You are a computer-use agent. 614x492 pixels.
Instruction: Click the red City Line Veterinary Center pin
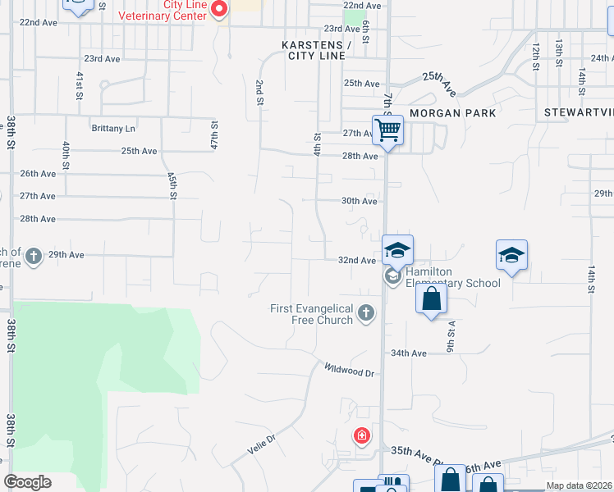click(x=219, y=9)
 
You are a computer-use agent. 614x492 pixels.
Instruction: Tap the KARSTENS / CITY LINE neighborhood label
click(x=316, y=50)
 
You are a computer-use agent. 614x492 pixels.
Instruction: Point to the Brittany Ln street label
click(x=112, y=129)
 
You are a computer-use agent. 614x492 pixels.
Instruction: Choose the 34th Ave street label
click(x=409, y=353)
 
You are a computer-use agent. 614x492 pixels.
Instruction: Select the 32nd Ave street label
click(x=357, y=261)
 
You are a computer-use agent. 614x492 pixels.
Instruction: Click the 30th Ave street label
click(x=359, y=201)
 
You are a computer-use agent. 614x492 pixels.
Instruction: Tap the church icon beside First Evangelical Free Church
click(x=366, y=312)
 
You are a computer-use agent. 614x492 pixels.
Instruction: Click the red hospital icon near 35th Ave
click(x=361, y=435)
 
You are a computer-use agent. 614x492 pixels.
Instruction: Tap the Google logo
click(x=27, y=482)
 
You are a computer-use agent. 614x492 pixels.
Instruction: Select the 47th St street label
click(x=213, y=135)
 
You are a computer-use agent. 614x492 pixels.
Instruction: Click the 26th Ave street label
click(x=38, y=174)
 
